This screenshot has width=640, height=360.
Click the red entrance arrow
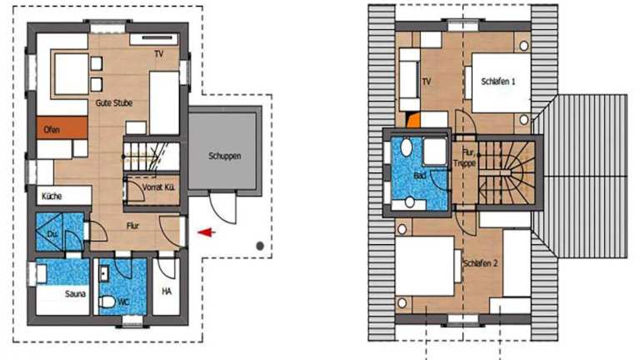click(x=207, y=232)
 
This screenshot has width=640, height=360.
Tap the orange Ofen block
click(x=62, y=127)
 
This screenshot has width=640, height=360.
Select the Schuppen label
click(x=224, y=156)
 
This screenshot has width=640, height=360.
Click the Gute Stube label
click(x=114, y=102)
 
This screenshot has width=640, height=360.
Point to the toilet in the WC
click(x=107, y=302)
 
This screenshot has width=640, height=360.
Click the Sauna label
click(x=75, y=294)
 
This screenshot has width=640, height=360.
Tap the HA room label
click(x=167, y=292)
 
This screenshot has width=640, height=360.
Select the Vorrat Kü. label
click(x=158, y=187)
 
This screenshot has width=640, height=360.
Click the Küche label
click(x=52, y=197)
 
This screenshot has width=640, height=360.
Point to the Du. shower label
click(x=52, y=234)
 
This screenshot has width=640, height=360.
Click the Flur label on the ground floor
click(x=132, y=226)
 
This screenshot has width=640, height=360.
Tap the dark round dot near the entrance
click(x=260, y=246)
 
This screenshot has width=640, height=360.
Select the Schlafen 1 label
click(x=498, y=82)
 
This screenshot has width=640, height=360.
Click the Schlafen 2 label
click(x=480, y=263)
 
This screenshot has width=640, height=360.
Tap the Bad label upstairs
click(x=420, y=176)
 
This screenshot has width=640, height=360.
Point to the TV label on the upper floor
click(x=427, y=82)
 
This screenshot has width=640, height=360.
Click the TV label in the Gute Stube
click(x=159, y=53)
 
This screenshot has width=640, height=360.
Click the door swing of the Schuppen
click(x=222, y=207)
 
